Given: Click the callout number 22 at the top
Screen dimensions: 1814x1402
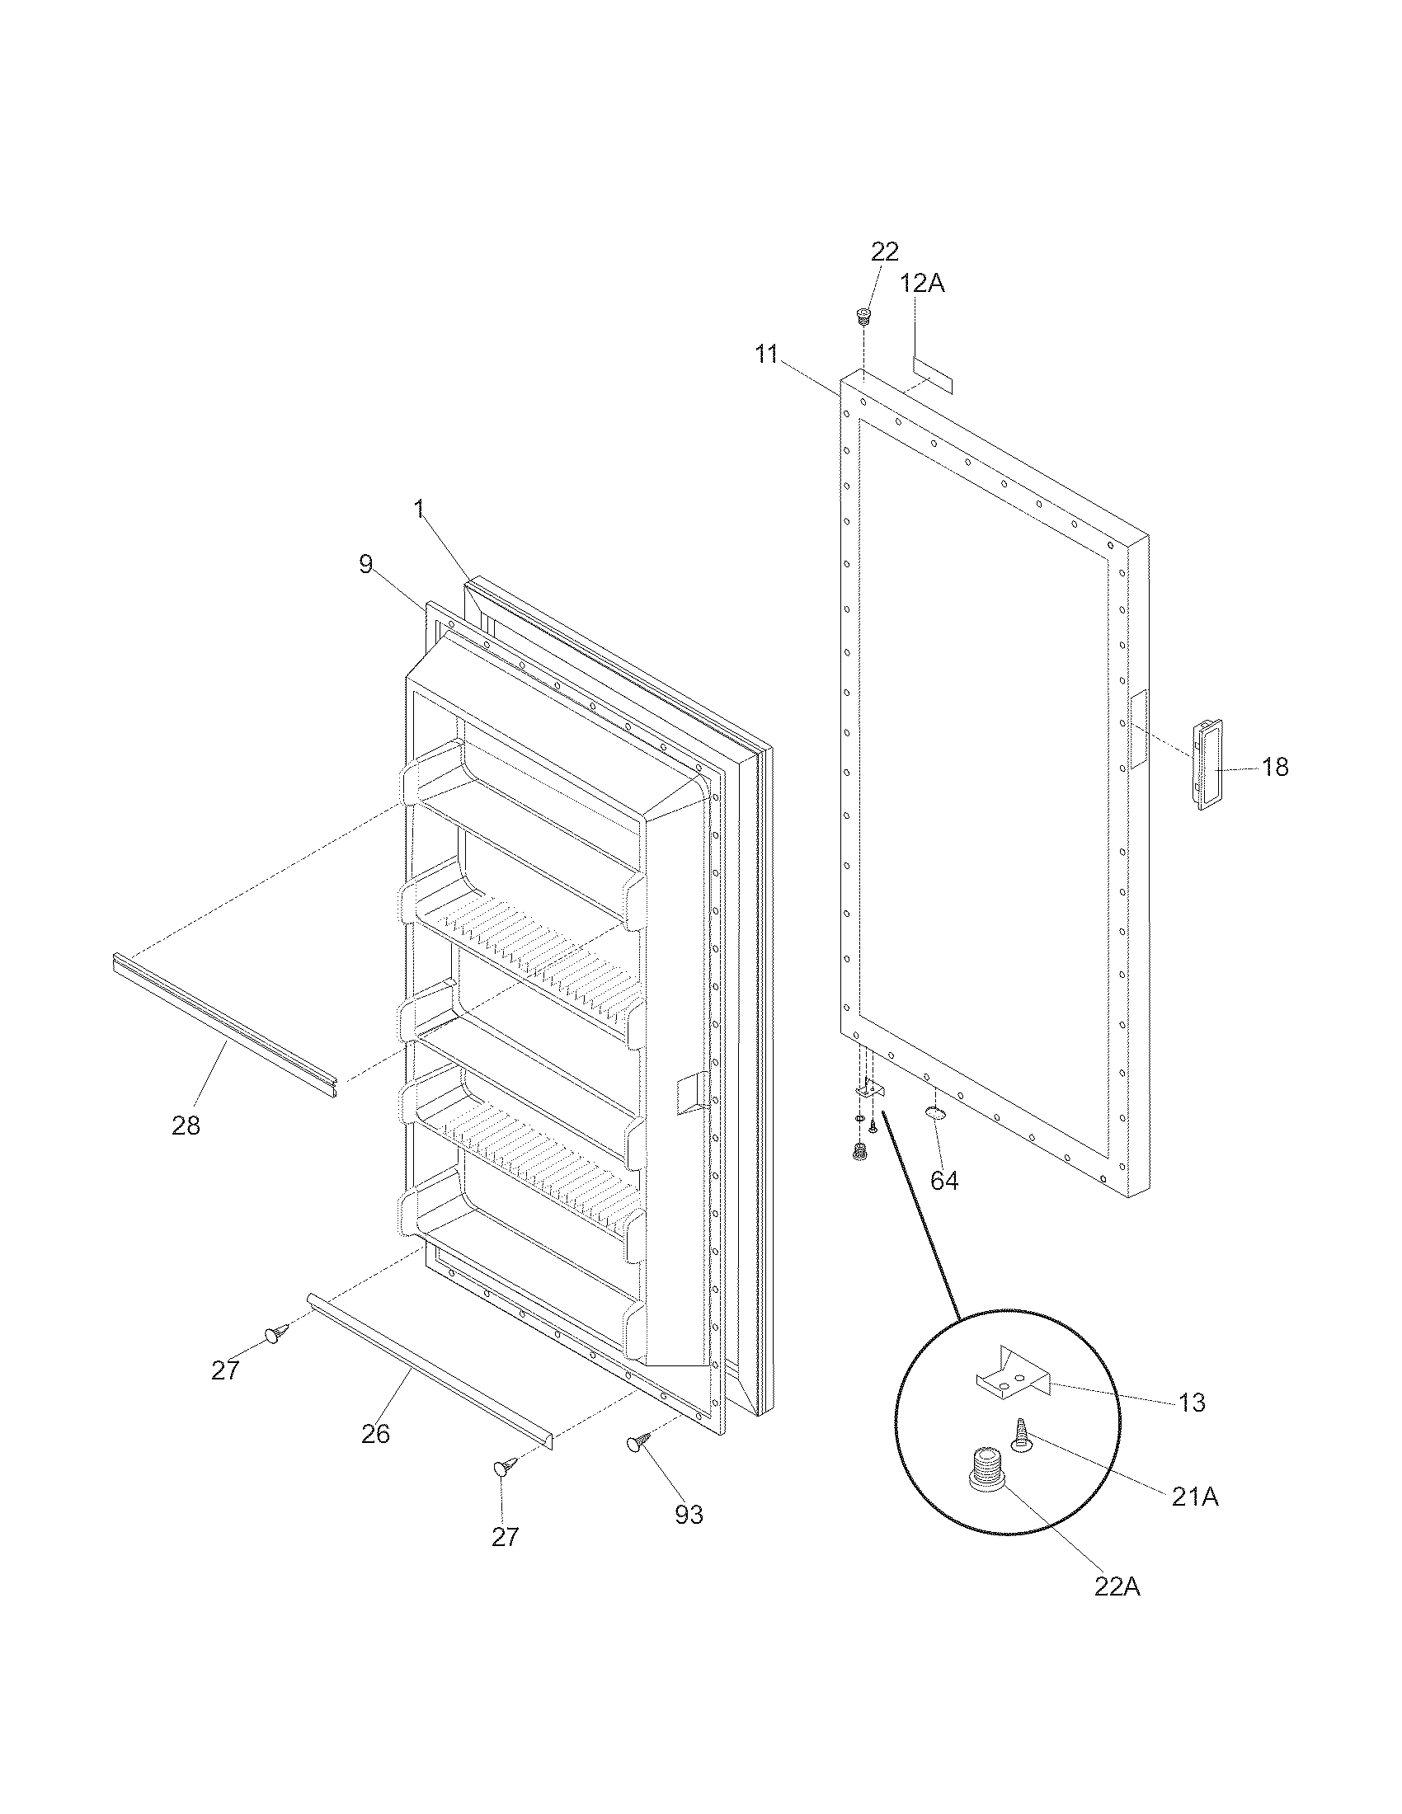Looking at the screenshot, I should pyautogui.click(x=885, y=251).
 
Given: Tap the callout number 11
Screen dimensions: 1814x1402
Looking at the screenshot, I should pyautogui.click(x=766, y=355).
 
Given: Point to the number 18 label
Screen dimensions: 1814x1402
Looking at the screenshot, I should pyautogui.click(x=1275, y=768).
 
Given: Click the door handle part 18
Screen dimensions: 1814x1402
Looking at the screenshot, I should pyautogui.click(x=1207, y=765).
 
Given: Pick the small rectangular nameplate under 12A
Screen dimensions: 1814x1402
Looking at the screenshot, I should pyautogui.click(x=932, y=375).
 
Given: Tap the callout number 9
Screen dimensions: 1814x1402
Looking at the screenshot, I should pyautogui.click(x=365, y=565).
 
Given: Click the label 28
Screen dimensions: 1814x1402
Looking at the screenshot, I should pyautogui.click(x=186, y=1126).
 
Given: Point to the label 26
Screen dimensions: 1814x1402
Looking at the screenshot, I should pyautogui.click(x=375, y=1434).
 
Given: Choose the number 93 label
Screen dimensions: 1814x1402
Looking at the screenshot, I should pyautogui.click(x=689, y=1515).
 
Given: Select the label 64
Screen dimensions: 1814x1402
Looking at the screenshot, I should pyautogui.click(x=944, y=1181).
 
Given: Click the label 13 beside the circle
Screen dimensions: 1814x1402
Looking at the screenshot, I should pyautogui.click(x=1191, y=1403).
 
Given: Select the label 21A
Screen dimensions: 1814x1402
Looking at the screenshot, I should pyautogui.click(x=1195, y=1497).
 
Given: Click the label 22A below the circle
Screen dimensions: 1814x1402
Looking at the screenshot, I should pyautogui.click(x=1117, y=1587).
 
